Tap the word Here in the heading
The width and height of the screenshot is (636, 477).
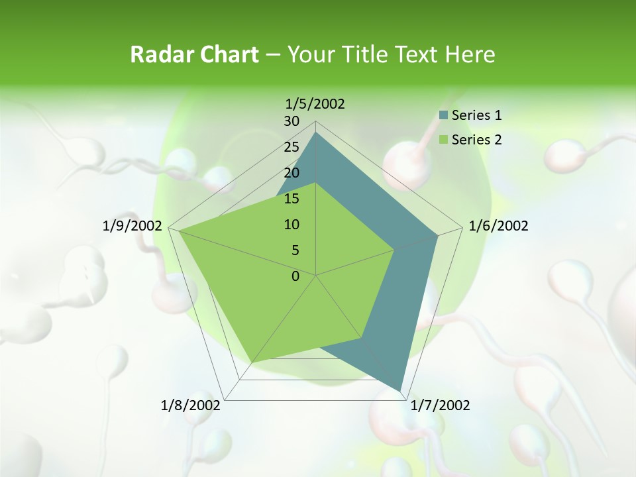click(470, 54)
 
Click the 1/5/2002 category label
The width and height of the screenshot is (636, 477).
click(315, 103)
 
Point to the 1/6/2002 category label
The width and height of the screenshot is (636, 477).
click(498, 226)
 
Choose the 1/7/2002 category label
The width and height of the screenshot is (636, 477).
click(441, 405)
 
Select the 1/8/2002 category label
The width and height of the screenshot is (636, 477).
click(191, 405)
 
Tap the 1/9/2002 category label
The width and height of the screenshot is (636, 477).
click(132, 226)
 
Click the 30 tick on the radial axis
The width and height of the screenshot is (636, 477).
click(291, 121)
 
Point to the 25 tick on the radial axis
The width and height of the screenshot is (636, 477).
click(291, 147)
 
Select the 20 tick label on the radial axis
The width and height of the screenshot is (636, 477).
click(291, 173)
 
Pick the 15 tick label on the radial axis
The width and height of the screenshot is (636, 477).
click(291, 199)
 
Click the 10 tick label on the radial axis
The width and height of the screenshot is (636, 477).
click(291, 225)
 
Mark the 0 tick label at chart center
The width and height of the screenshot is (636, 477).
click(295, 276)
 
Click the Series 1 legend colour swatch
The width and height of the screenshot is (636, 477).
click(443, 115)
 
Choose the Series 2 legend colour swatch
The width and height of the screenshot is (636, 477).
click(443, 140)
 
